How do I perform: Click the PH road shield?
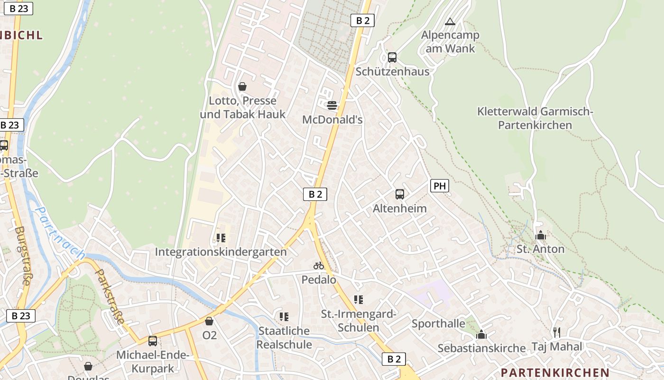click(x=440, y=186)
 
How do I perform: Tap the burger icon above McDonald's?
click(x=332, y=105)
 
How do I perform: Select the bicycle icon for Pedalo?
click(x=319, y=266)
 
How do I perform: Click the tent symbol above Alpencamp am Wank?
click(x=450, y=21)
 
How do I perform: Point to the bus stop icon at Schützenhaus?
click(x=392, y=57)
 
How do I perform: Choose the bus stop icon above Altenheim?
click(x=400, y=194)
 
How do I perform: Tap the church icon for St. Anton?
click(x=540, y=235)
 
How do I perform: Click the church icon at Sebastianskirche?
click(x=481, y=334)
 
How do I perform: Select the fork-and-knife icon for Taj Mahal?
click(x=557, y=332)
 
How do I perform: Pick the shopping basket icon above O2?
click(x=209, y=321)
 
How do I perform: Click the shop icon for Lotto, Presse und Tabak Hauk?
click(x=242, y=86)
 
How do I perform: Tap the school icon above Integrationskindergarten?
click(x=221, y=237)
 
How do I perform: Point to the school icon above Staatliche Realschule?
click(x=284, y=316)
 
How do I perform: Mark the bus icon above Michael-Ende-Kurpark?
click(x=153, y=341)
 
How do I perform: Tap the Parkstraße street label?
click(x=110, y=297)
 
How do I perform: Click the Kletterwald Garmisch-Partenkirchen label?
click(x=535, y=118)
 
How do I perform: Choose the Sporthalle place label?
click(x=438, y=323)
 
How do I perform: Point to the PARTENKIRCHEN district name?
click(x=555, y=372)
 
